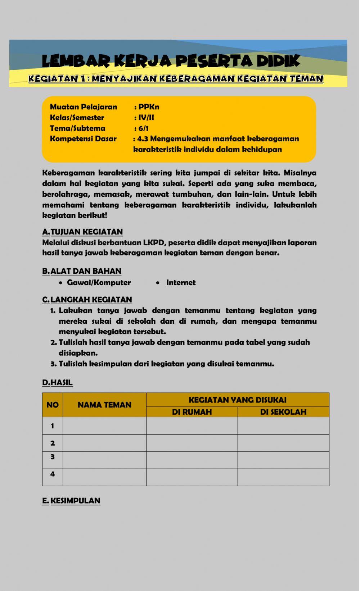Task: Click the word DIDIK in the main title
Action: pos(277,61)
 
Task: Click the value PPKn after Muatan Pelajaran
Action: pos(149,107)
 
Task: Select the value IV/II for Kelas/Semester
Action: pos(146,118)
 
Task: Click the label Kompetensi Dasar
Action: pos(83,139)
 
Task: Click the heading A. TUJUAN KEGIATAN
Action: pos(82,232)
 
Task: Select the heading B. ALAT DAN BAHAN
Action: pos(82,271)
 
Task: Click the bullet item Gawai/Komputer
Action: pos(99,283)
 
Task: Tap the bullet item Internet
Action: pos(181,283)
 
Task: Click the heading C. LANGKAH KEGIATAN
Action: pos(87,300)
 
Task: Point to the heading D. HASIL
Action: pos(57,382)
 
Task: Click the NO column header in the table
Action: pos(53,405)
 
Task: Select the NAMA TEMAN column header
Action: pos(104,405)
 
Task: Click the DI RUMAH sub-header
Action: pos(192,412)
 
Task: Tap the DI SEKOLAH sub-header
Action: pos(283,412)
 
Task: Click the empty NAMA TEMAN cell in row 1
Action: pos(104,426)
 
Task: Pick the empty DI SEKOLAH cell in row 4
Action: pos(283,477)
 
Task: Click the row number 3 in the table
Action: pos(53,457)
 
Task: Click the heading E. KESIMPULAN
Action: pos(71,501)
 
